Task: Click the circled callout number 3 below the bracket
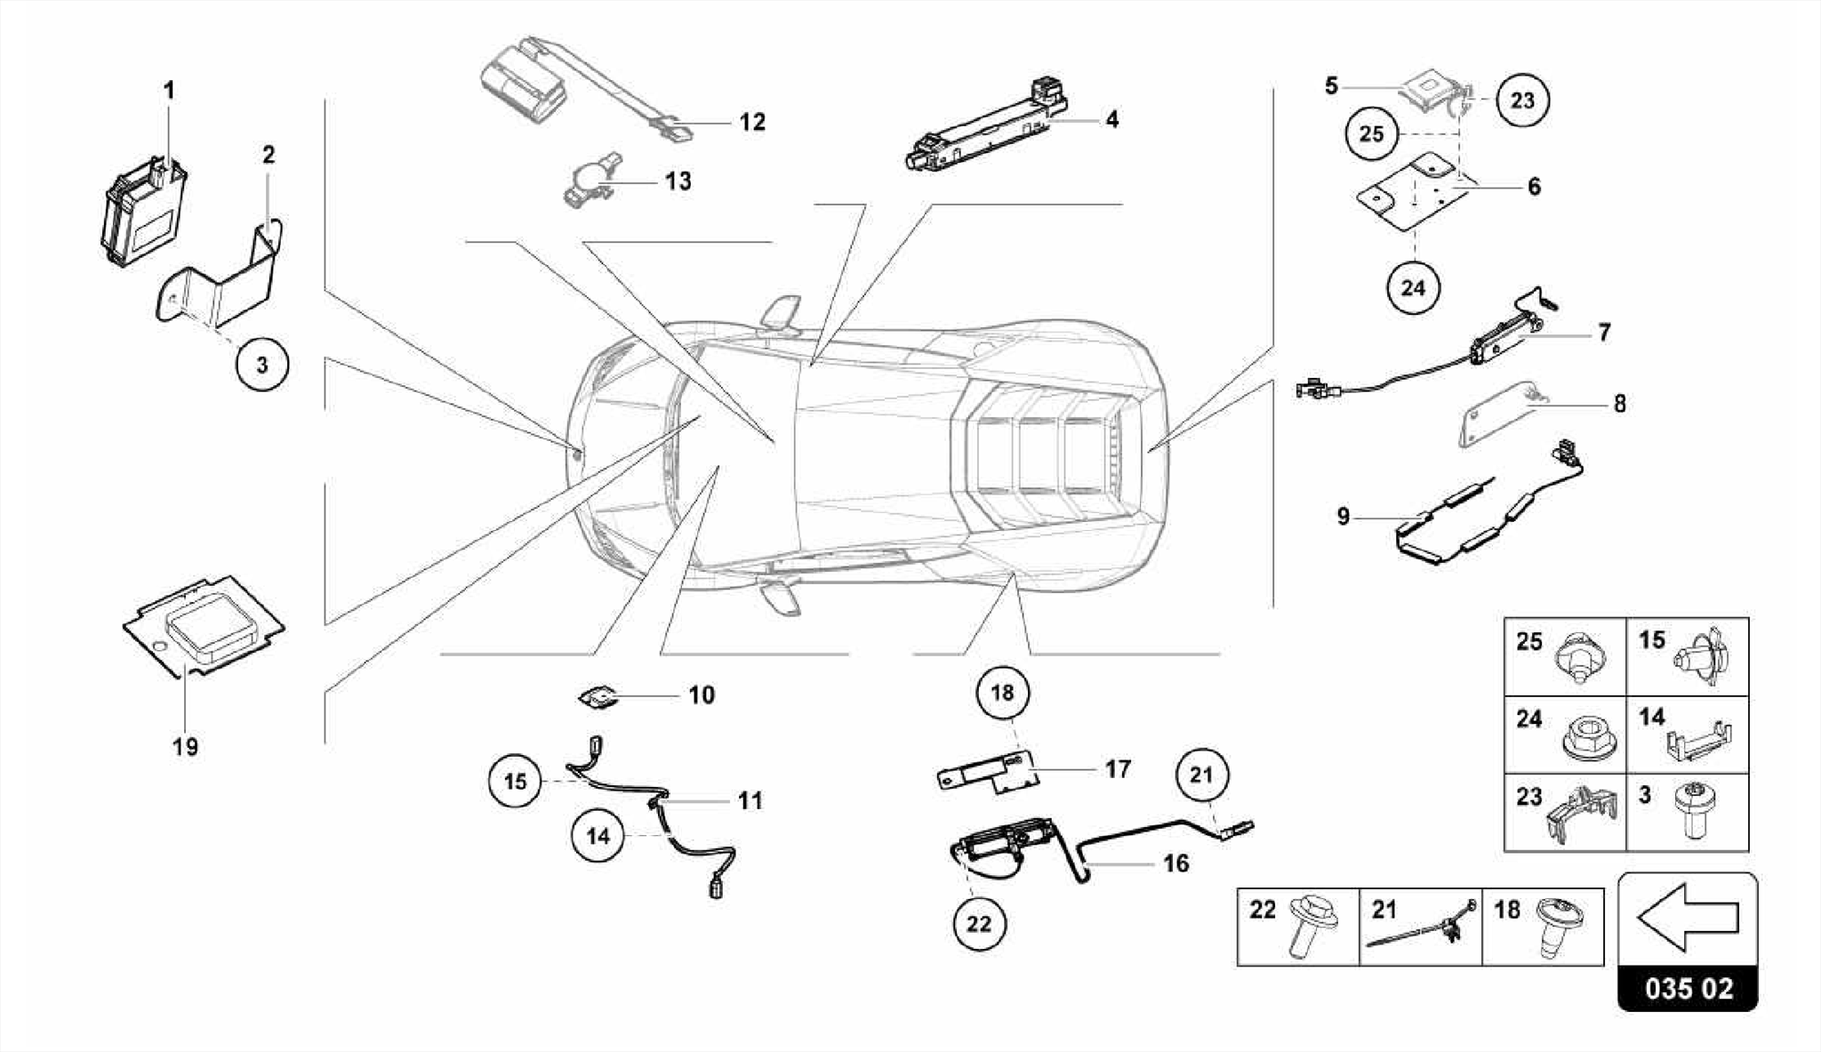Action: [262, 365]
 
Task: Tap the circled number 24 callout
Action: [1413, 288]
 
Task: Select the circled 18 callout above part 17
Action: [1002, 693]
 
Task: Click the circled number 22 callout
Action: [978, 924]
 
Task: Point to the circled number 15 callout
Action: [516, 782]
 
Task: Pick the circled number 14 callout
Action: [598, 836]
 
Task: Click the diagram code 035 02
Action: [1688, 988]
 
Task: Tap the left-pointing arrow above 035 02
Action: [1687, 916]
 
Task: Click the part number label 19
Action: [185, 747]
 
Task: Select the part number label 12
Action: [752, 122]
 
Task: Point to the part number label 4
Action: [1111, 119]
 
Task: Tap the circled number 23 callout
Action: [1522, 100]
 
